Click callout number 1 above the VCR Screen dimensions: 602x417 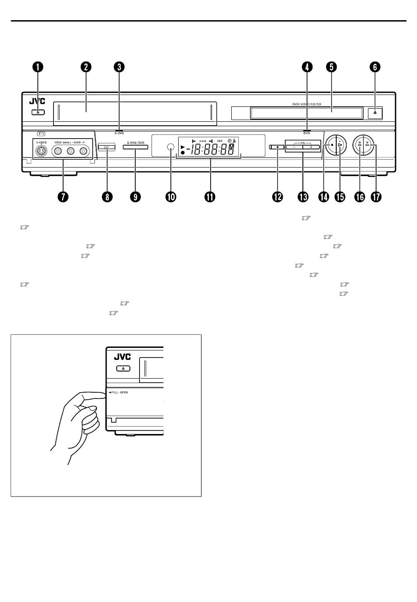pyautogui.click(x=38, y=67)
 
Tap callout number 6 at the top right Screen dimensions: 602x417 pyautogui.click(x=374, y=67)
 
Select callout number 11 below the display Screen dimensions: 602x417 pyautogui.click(x=209, y=197)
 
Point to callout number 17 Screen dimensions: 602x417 pyautogui.click(x=376, y=197)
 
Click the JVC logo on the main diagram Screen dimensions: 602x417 pyautogui.click(x=37, y=101)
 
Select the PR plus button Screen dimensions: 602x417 pyautogui.click(x=311, y=147)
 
